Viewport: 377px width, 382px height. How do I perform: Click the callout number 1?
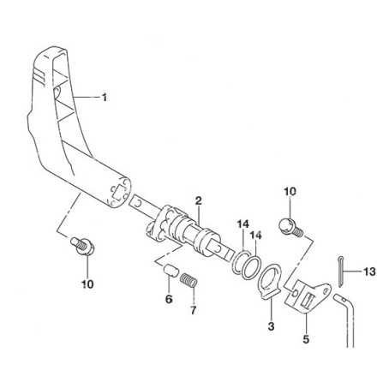(x=105, y=98)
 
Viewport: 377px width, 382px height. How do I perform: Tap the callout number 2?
(x=199, y=200)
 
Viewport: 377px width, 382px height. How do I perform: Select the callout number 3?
(x=271, y=325)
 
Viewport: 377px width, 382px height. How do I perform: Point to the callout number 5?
(x=306, y=339)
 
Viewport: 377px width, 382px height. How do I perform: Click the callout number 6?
(x=169, y=299)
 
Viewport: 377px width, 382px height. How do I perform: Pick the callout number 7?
(x=194, y=310)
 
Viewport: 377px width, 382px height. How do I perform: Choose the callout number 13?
(x=369, y=272)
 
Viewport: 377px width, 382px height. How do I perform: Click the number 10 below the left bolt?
(x=87, y=284)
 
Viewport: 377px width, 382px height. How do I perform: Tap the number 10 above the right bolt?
(x=290, y=192)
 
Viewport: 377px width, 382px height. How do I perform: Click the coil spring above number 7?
(x=189, y=280)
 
